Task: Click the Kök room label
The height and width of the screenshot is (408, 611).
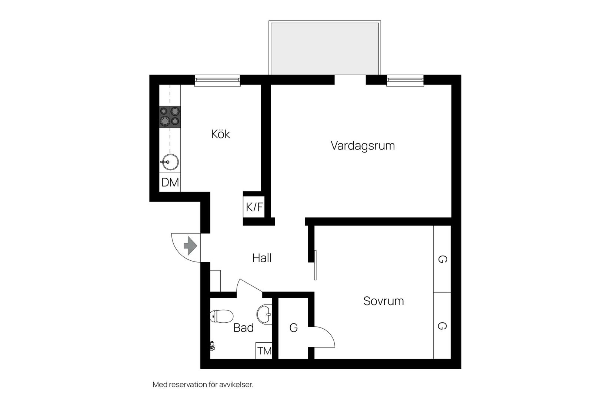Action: pos(220,134)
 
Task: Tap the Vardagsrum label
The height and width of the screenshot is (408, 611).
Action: pos(363,146)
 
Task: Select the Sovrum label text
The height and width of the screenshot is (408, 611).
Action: pos(383,301)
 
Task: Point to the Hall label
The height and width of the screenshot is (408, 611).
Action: pos(262,258)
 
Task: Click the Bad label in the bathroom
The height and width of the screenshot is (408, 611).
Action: pos(243,328)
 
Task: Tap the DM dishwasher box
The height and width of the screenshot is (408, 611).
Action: pos(170,182)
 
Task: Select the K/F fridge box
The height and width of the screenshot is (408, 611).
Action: pos(254,207)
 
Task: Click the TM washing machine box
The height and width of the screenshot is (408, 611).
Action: pos(264,351)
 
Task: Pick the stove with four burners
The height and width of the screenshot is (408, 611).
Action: pos(170,116)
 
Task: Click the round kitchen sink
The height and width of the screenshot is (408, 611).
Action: pos(170,162)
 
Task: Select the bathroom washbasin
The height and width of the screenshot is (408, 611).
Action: pos(266,315)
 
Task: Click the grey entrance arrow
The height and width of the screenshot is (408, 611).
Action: pos(190,246)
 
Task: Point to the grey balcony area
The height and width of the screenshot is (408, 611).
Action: pos(325,48)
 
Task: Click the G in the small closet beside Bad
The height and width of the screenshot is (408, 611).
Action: pos(293,328)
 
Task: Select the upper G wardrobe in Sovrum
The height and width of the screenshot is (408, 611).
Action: pos(442,259)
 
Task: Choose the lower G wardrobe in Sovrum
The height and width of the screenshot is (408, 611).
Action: pos(442,326)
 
